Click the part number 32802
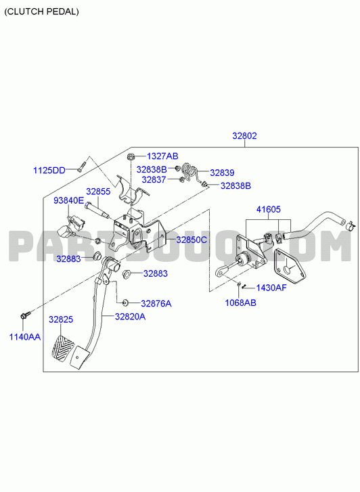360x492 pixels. click(x=244, y=136)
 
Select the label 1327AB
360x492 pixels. click(x=162, y=156)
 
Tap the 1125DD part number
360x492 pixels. click(x=49, y=171)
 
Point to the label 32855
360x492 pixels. click(x=98, y=192)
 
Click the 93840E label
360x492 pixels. click(x=69, y=200)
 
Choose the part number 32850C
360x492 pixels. click(x=192, y=240)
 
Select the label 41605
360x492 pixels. click(x=269, y=209)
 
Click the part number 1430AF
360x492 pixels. click(x=271, y=288)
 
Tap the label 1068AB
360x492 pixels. click(x=240, y=303)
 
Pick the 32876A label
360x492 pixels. click(x=156, y=303)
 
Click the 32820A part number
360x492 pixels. click(x=130, y=317)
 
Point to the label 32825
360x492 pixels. click(x=61, y=319)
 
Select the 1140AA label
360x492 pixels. click(x=25, y=337)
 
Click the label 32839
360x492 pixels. click(x=222, y=173)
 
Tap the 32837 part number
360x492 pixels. click(x=154, y=179)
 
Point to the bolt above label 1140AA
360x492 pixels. click(x=26, y=315)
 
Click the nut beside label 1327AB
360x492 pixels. click(x=130, y=156)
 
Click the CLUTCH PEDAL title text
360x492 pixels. click(x=41, y=12)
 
